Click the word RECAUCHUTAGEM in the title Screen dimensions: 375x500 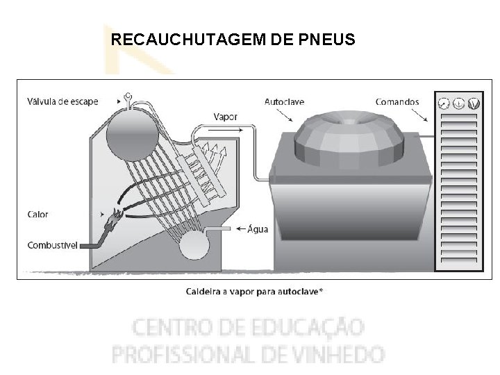click(x=179, y=40)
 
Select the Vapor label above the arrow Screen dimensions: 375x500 click(x=226, y=117)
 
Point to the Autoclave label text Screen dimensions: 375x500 click(x=284, y=101)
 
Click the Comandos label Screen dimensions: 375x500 click(x=397, y=101)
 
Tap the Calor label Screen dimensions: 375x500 click(x=38, y=214)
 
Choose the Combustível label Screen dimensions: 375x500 click(x=53, y=245)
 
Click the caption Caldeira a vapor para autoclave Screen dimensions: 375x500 click(x=254, y=292)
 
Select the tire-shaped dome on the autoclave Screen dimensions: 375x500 click(x=349, y=135)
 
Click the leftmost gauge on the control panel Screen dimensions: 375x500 click(x=444, y=103)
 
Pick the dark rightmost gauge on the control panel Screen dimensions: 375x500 click(x=474, y=103)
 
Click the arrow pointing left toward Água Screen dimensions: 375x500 click(x=241, y=228)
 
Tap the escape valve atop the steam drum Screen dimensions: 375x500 click(x=128, y=97)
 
